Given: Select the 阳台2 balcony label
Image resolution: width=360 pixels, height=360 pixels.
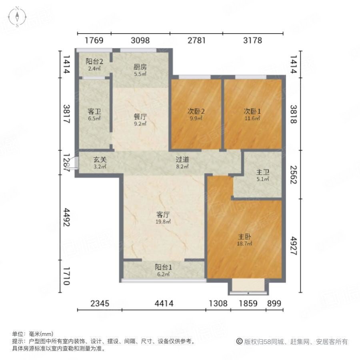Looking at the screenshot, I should point(94,62).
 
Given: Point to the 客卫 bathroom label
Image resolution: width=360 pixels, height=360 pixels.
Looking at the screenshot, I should point(94,112).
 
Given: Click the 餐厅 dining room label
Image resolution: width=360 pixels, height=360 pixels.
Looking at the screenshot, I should point(140,118).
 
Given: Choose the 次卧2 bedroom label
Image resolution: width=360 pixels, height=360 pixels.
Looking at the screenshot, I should point(196,112).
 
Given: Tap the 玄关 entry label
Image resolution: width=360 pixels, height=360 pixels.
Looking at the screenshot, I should point(100,159).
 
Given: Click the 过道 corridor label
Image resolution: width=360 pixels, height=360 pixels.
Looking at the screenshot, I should point(182,159).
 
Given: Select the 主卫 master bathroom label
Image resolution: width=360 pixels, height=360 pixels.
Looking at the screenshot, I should point(263,173).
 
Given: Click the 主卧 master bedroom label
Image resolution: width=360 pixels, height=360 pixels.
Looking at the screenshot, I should point(244,236).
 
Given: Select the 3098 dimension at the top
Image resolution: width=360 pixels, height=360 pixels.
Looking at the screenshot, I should point(140,40).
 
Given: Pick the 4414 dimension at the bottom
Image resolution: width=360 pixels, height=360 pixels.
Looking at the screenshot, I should point(164,304).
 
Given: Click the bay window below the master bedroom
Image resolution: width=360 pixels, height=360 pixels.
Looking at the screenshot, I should point(248,287).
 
